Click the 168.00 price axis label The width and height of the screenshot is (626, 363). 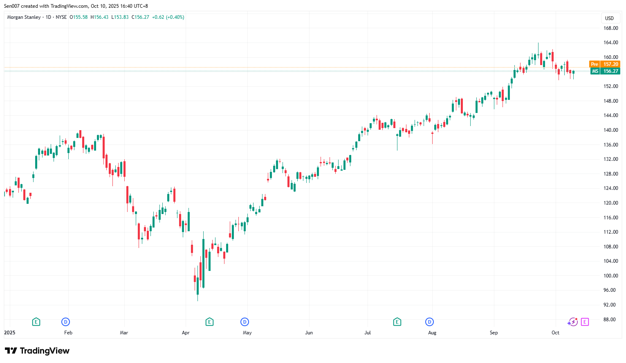tap(610, 28)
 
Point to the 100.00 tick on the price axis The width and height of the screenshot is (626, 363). tap(610, 276)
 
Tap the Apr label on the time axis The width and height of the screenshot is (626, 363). tap(186, 333)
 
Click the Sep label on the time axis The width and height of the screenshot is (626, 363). tap(494, 333)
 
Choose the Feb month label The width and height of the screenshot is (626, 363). tap(68, 333)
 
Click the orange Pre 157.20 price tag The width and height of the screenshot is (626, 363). tap(605, 64)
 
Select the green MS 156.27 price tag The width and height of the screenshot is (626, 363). tap(605, 71)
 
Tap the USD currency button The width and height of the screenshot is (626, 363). tap(609, 18)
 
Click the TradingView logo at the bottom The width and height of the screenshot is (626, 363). tap(37, 351)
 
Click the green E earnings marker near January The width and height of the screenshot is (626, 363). tap(36, 322)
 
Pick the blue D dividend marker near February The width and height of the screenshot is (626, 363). tap(65, 322)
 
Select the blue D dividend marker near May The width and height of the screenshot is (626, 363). tap(245, 322)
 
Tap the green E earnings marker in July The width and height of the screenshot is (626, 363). tap(397, 322)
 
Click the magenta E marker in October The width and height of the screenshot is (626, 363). tap(585, 322)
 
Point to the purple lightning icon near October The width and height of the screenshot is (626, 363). tap(572, 322)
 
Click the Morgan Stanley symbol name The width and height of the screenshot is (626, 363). tap(24, 17)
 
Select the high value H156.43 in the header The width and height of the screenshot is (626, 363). tap(99, 17)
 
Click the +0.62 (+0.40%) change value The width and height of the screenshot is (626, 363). tap(168, 17)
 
